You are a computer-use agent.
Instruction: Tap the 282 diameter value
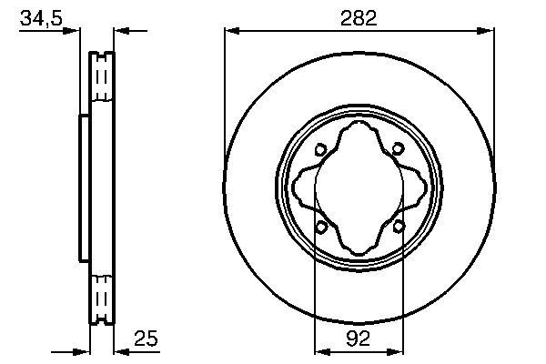pyautogui.click(x=359, y=18)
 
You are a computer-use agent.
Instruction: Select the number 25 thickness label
pyautogui.click(x=146, y=339)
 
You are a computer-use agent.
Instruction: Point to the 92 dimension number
pyautogui.click(x=359, y=339)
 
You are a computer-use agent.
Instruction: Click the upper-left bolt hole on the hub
pyautogui.click(x=321, y=151)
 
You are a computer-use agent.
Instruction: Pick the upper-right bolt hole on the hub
pyautogui.click(x=399, y=151)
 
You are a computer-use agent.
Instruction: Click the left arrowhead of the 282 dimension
pyautogui.click(x=230, y=32)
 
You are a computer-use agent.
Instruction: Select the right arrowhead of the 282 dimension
pyautogui.click(x=490, y=32)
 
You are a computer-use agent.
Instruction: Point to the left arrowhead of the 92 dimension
pyautogui.click(x=319, y=349)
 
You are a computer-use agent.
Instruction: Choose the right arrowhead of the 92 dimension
pyautogui.click(x=399, y=349)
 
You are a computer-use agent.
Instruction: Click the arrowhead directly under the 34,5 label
pyautogui.click(x=74, y=32)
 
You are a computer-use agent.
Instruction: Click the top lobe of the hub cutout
pyautogui.click(x=359, y=132)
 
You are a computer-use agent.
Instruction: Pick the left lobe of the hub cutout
pyautogui.click(x=302, y=189)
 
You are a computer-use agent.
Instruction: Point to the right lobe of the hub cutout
pyautogui.click(x=418, y=189)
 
